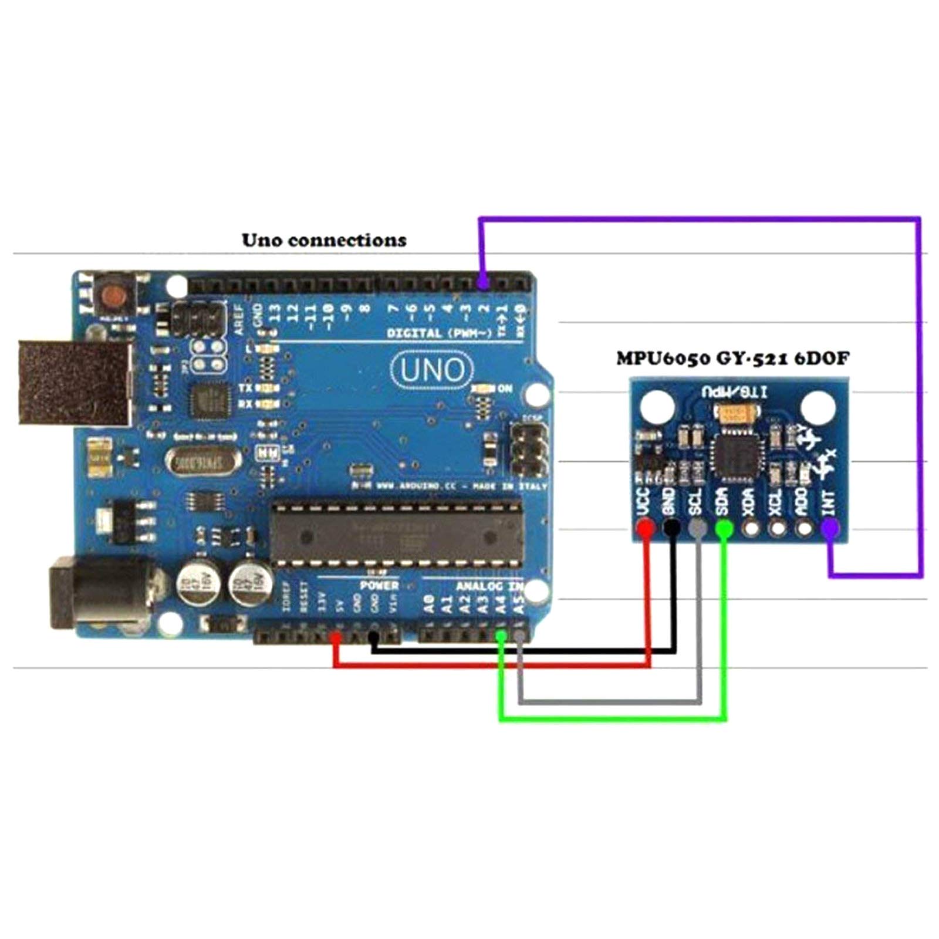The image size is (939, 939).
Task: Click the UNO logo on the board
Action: (433, 370)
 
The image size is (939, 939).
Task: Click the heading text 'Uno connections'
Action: (324, 240)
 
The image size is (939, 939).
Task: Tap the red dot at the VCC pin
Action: (646, 529)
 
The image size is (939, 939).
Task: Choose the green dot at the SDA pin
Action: (724, 529)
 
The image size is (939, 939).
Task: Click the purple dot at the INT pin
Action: (829, 529)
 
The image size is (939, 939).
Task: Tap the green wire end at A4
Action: (501, 636)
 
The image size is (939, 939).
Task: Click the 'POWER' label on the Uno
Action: (379, 586)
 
